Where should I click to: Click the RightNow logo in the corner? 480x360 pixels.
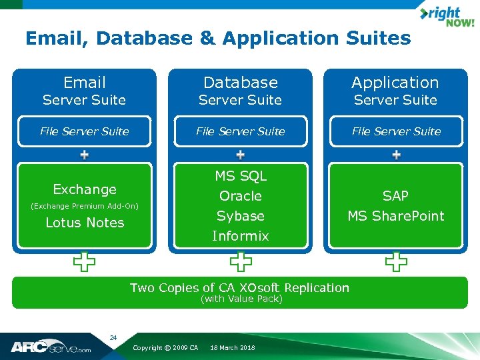pyautogui.click(x=446, y=17)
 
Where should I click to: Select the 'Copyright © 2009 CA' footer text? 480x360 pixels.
pyautogui.click(x=165, y=348)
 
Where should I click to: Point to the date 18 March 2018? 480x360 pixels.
pyautogui.click(x=232, y=348)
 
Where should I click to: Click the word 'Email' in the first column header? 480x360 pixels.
pyautogui.click(x=85, y=83)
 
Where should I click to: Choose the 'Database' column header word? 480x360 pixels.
pyautogui.click(x=240, y=83)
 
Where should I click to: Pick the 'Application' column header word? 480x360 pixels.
pyautogui.click(x=395, y=83)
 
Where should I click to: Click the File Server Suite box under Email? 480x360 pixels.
pyautogui.click(x=85, y=131)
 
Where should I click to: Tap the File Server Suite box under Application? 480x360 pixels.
pyautogui.click(x=396, y=131)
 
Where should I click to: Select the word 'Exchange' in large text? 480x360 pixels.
pyautogui.click(x=85, y=189)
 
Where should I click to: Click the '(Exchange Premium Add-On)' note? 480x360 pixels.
pyautogui.click(x=85, y=207)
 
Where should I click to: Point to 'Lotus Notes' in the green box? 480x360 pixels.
pyautogui.click(x=85, y=223)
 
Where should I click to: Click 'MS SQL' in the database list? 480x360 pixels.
pyautogui.click(x=240, y=176)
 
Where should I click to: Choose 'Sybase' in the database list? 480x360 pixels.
pyautogui.click(x=240, y=216)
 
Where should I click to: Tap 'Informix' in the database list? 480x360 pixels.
pyautogui.click(x=240, y=236)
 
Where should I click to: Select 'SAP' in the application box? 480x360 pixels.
pyautogui.click(x=395, y=196)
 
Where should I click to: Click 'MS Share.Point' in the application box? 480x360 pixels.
pyautogui.click(x=395, y=216)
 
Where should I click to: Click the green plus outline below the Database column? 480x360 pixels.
pyautogui.click(x=241, y=262)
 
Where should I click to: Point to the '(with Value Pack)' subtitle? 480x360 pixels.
pyautogui.click(x=241, y=299)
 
